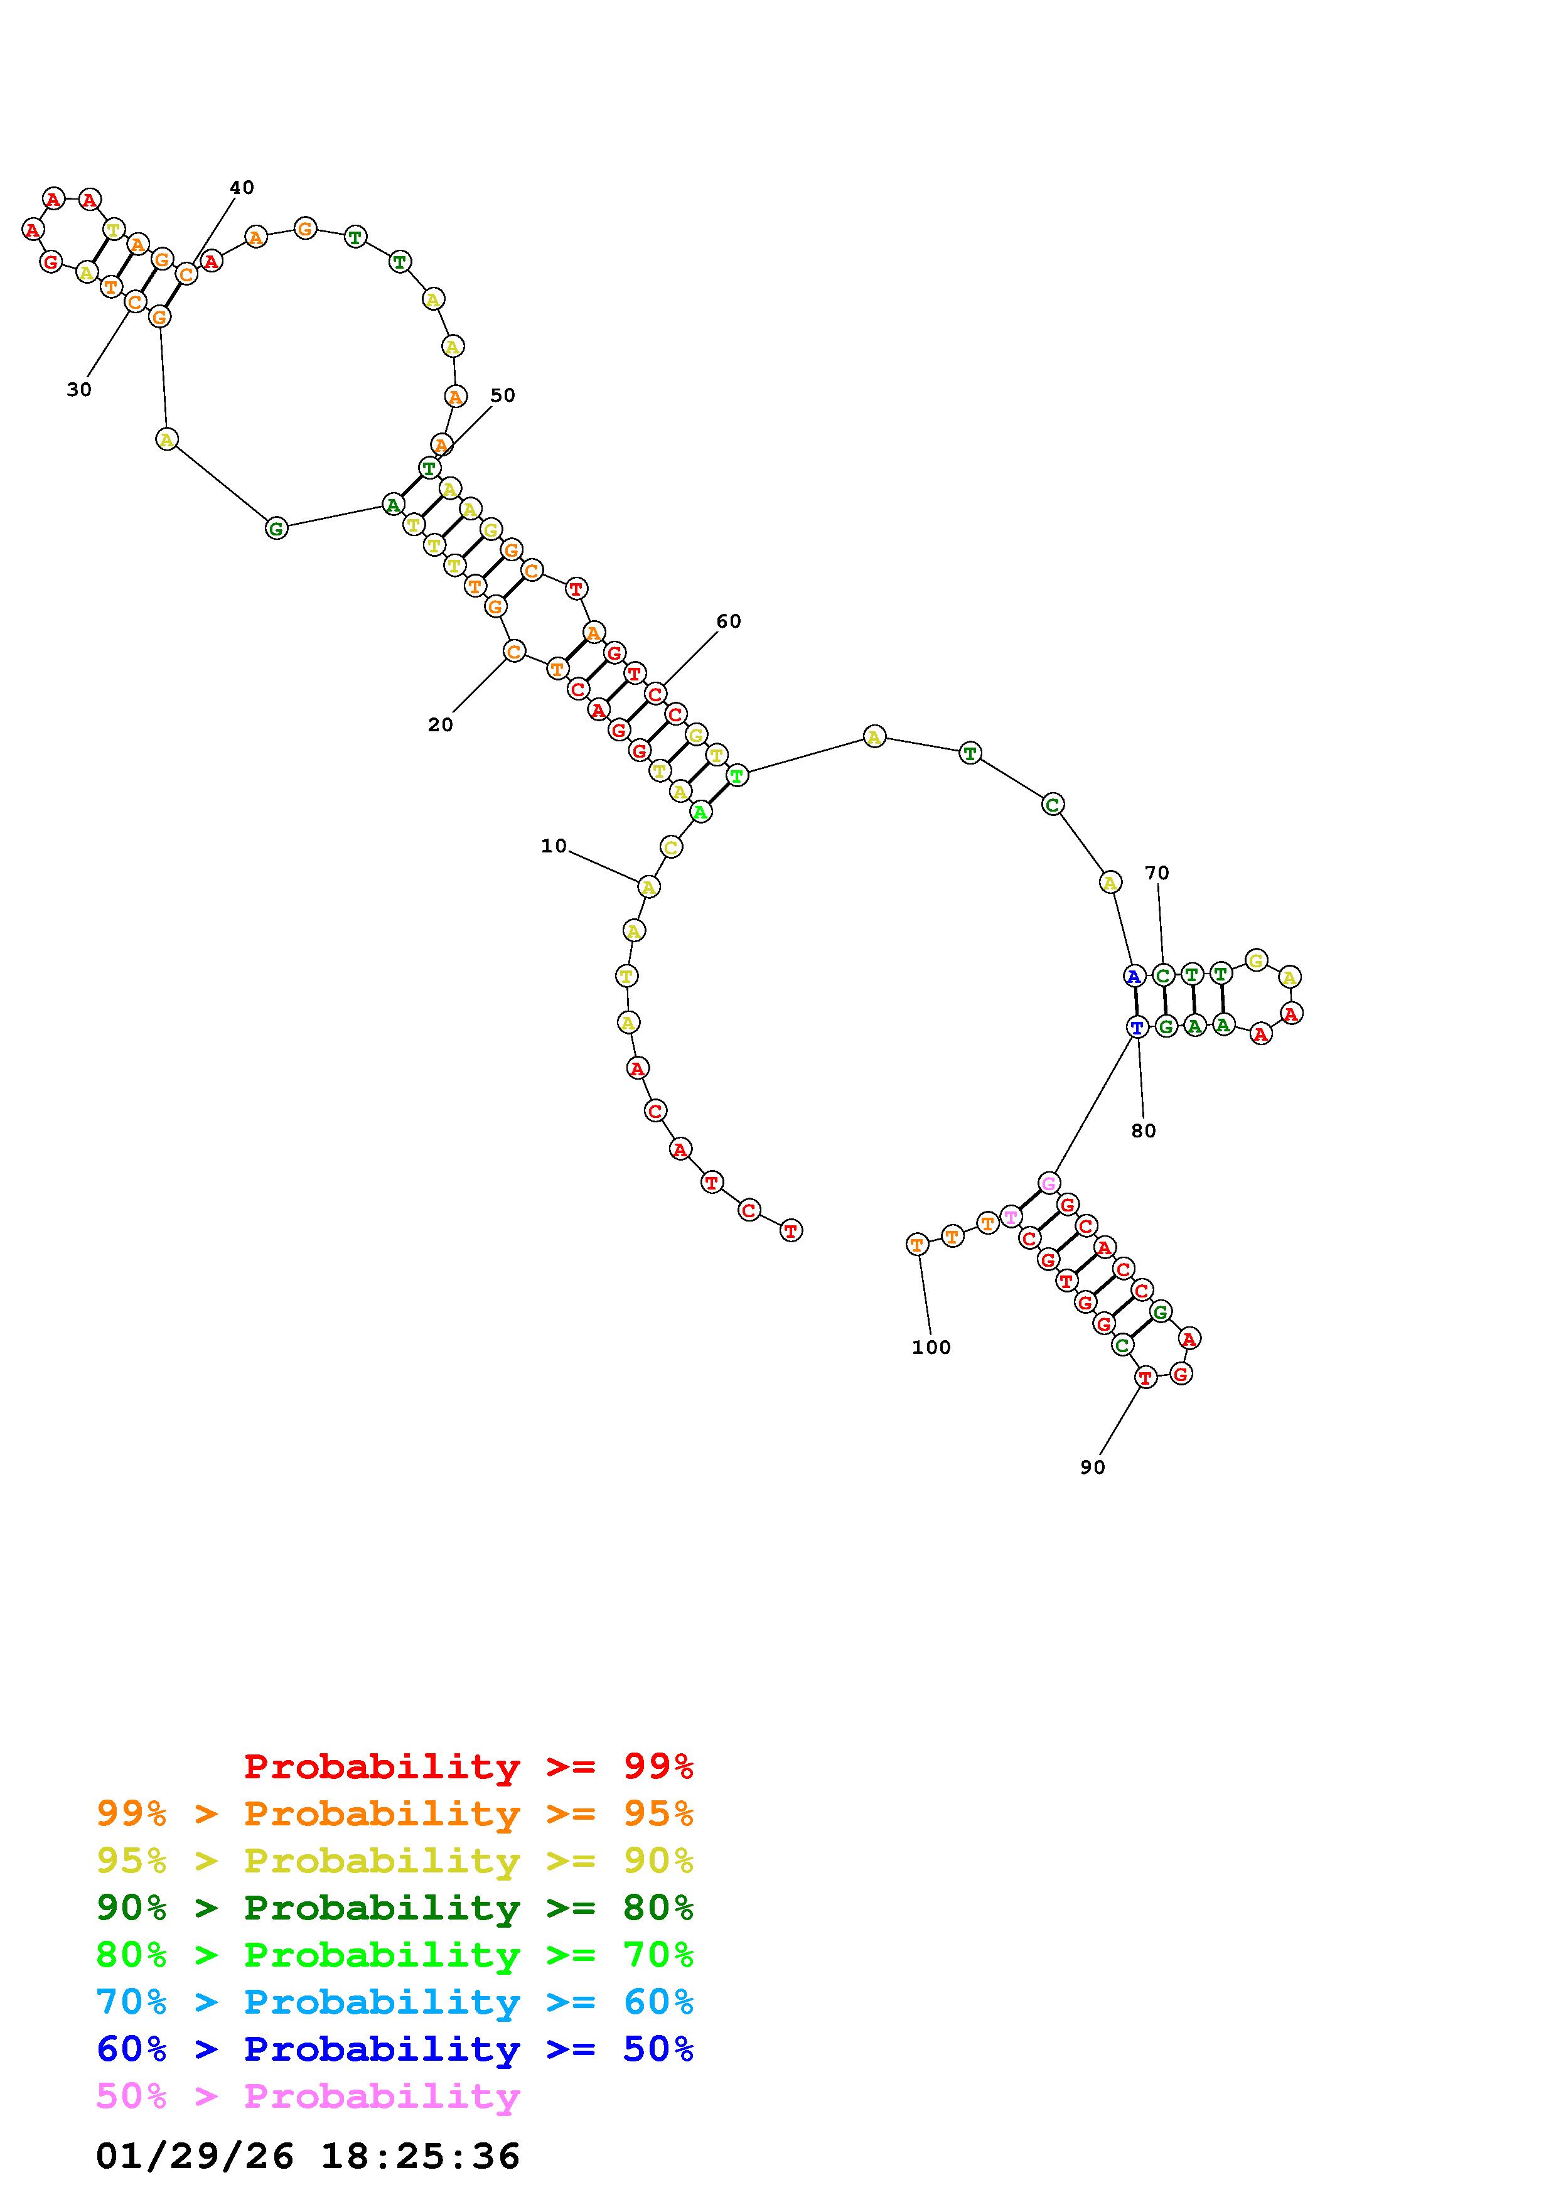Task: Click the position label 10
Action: (554, 846)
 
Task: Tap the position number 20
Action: (440, 725)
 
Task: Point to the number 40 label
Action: (242, 187)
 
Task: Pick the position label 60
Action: (729, 621)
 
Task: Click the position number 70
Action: (1157, 873)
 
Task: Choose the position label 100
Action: (931, 1348)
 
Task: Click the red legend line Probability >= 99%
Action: (469, 1766)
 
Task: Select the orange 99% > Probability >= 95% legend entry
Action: (395, 1813)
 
